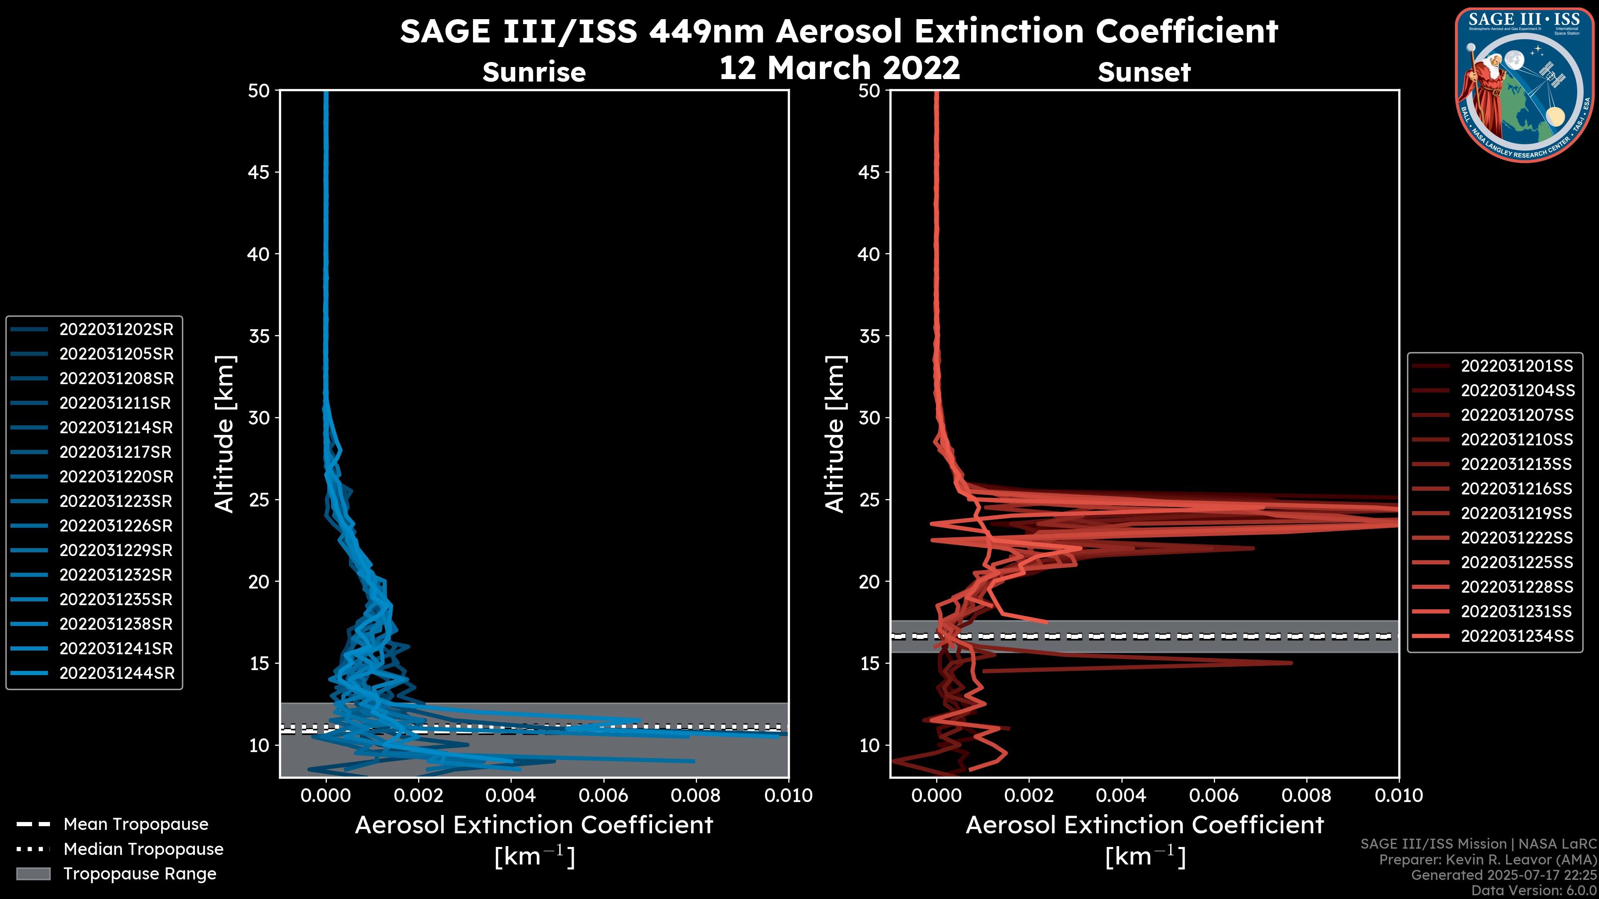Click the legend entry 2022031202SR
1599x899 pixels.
[116, 330]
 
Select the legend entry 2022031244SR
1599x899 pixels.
[117, 673]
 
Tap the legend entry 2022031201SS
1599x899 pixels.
[1517, 366]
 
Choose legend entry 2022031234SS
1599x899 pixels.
[1517, 636]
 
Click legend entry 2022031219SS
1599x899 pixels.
[1517, 513]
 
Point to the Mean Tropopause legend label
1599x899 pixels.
[136, 824]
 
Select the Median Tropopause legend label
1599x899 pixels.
[143, 849]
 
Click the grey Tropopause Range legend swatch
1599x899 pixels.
[33, 874]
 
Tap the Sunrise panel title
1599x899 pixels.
[534, 72]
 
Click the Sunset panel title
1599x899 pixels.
[1144, 72]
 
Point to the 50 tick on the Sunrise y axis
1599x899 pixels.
[259, 91]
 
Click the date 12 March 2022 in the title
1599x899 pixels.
[839, 67]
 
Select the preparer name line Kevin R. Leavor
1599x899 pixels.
[1487, 860]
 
